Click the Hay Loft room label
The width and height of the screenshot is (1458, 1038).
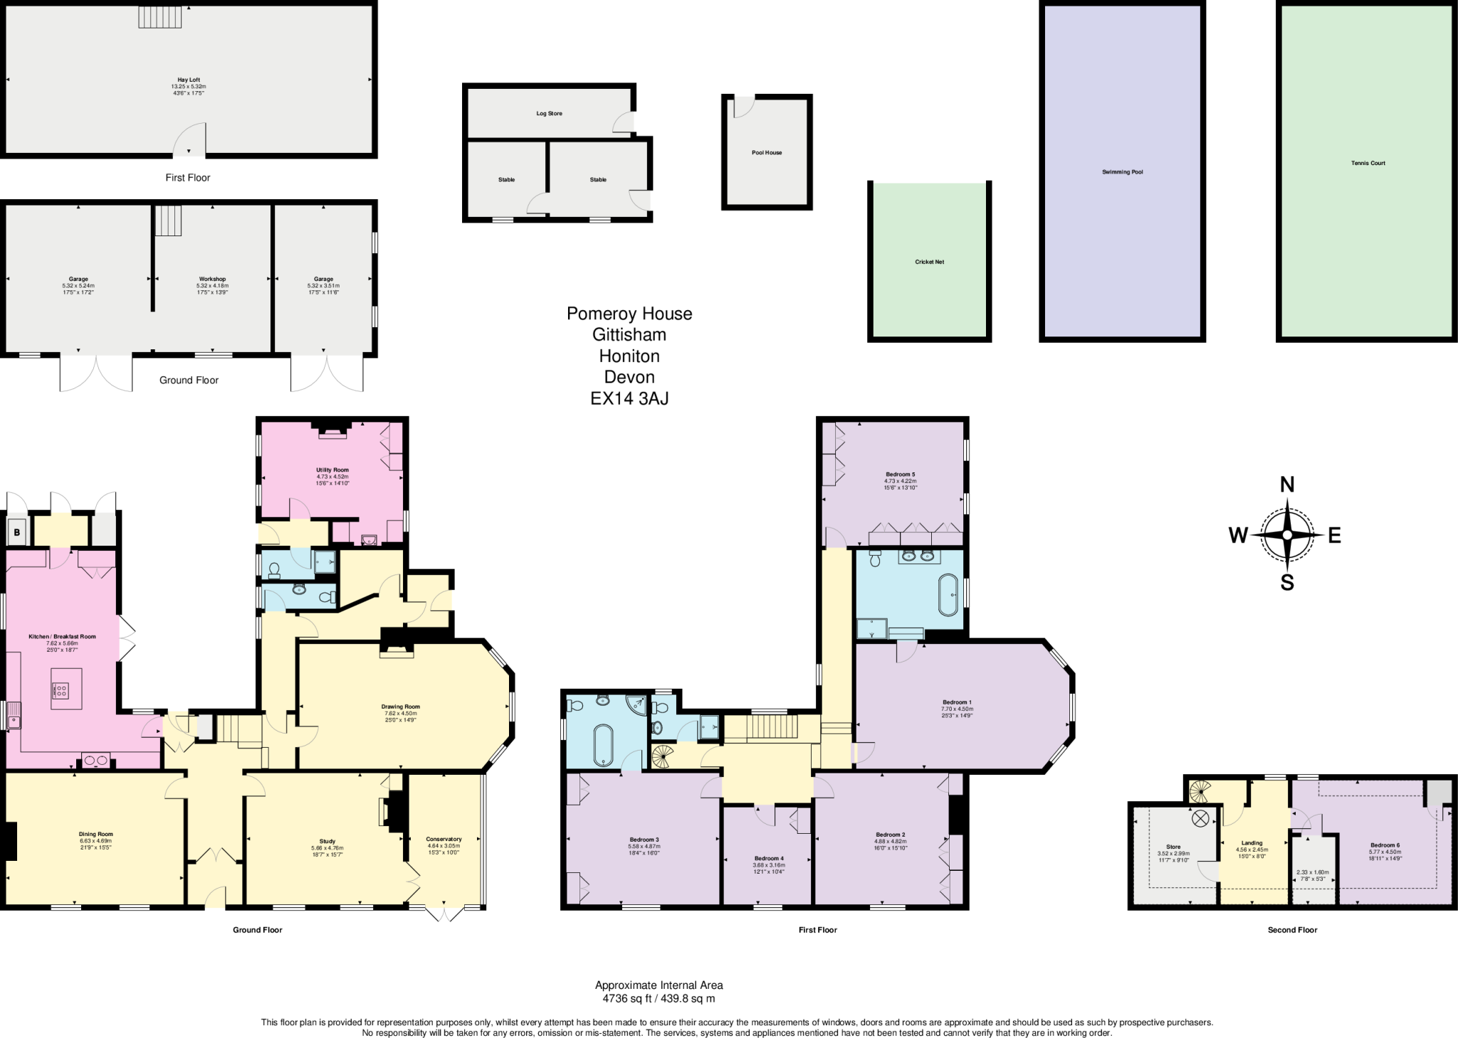point(189,80)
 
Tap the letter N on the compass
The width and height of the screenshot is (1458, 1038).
point(1287,485)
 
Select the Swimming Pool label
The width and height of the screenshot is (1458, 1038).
point(1122,172)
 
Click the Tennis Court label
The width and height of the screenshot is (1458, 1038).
point(1368,163)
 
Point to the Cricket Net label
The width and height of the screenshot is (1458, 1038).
point(929,262)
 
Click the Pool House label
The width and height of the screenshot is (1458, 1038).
point(767,153)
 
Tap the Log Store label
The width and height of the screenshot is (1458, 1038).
point(549,114)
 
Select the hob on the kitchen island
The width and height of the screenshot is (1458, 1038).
point(61,689)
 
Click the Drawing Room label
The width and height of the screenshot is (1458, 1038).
point(401,706)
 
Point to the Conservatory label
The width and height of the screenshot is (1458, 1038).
point(444,840)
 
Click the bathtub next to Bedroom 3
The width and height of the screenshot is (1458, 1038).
point(603,746)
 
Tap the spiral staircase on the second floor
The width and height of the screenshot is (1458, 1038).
point(1200,789)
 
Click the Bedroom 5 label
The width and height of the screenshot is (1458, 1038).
point(900,474)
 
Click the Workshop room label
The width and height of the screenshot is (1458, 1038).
point(212,279)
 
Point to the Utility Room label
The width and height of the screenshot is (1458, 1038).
point(332,470)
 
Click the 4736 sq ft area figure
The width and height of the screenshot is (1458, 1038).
point(620,999)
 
